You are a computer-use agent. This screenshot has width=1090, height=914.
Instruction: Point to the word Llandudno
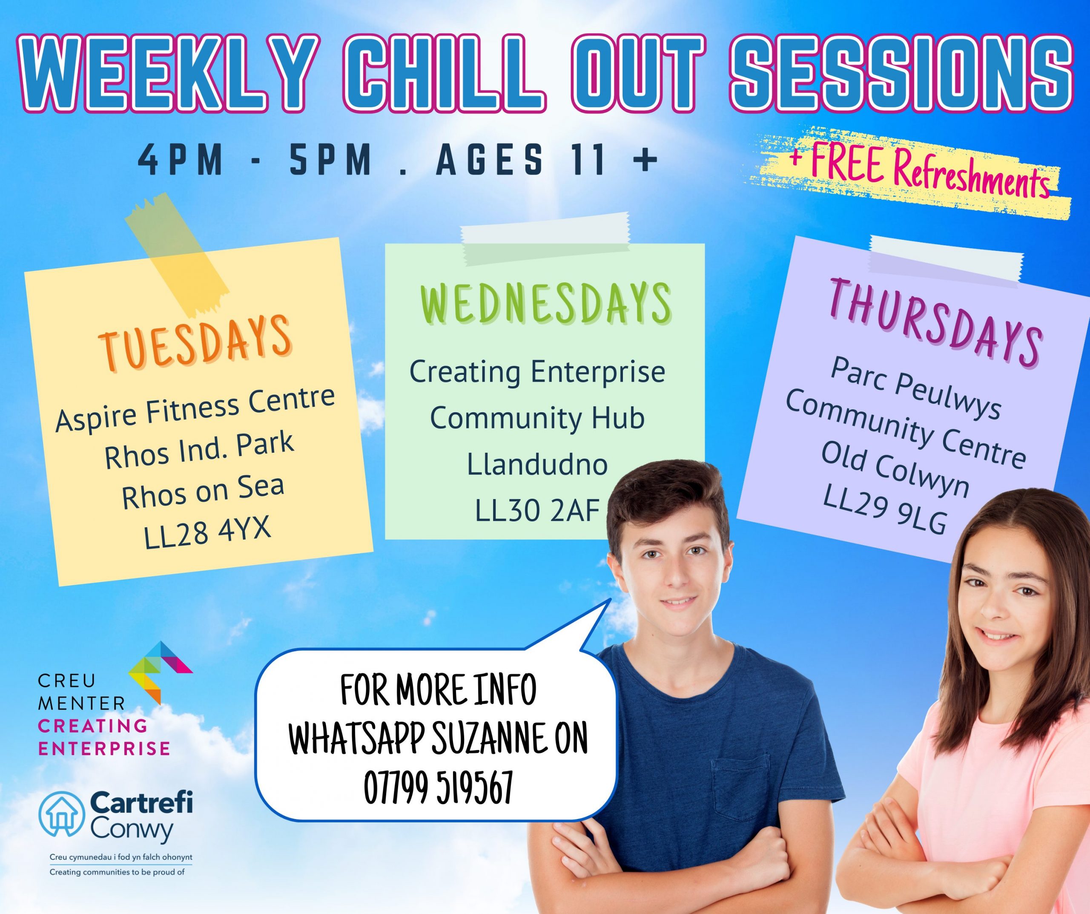click(x=537, y=464)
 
